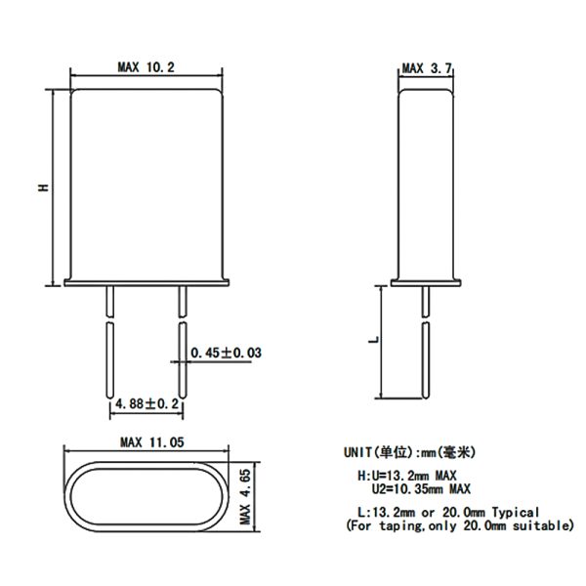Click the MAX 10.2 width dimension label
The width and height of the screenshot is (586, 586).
(146, 67)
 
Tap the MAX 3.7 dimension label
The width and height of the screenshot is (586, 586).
(427, 68)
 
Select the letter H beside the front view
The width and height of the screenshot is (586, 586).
(44, 188)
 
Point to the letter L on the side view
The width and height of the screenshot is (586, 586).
(374, 340)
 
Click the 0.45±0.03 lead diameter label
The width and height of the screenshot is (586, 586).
(227, 353)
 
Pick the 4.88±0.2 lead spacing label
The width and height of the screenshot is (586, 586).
(146, 404)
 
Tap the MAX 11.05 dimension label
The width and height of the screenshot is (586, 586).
(152, 442)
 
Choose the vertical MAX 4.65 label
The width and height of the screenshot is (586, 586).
(245, 497)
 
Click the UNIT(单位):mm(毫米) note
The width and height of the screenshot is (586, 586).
(410, 452)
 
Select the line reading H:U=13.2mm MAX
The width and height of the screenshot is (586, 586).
(407, 476)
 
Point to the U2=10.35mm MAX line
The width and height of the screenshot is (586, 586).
(421, 489)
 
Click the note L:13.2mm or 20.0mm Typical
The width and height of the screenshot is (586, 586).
(448, 512)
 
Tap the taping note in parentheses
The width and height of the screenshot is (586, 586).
(460, 525)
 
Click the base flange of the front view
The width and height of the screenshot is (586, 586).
(146, 282)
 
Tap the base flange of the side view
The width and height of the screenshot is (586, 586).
(426, 282)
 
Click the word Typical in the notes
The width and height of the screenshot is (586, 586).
(516, 512)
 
